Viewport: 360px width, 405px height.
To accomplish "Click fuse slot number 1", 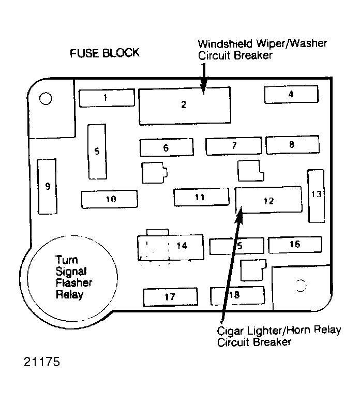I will coord(107,98).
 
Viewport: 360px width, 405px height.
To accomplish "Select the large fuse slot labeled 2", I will coord(185,106).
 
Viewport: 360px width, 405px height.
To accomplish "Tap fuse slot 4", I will coord(291,95).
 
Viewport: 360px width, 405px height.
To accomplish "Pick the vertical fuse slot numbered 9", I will coord(47,186).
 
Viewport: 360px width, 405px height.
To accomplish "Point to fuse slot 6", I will coord(166,147).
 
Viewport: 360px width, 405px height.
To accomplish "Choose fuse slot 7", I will coord(234,146).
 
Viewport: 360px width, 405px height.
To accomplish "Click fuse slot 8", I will coord(292,145).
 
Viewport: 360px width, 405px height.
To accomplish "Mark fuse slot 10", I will coord(110,199).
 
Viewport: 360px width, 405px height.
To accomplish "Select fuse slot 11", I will coord(201,197).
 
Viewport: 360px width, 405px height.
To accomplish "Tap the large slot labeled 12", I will coord(268,200).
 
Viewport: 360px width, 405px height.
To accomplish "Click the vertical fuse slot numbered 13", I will coord(316,195).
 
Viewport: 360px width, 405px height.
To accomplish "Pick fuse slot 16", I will coord(295,244).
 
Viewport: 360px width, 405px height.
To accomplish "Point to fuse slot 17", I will coord(170,297).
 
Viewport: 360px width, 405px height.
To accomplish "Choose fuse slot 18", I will coord(237,295).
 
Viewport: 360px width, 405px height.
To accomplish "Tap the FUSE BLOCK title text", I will coord(105,53).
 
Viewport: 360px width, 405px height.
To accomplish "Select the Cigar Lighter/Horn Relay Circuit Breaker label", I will coord(279,336).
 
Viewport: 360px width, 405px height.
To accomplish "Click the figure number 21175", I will coord(42,362).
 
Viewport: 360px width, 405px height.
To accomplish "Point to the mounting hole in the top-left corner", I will coord(45,98).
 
